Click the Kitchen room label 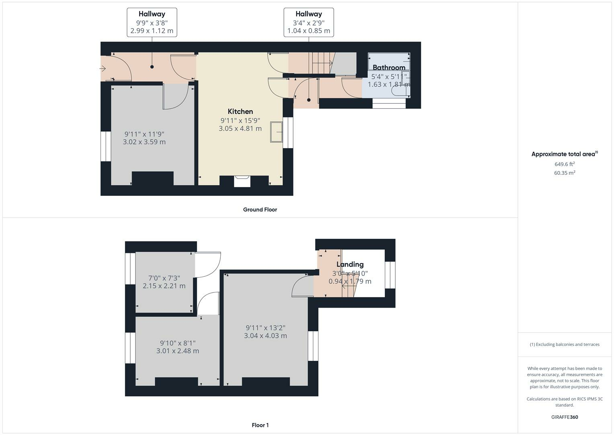[x=240, y=112]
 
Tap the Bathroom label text [x=388, y=68]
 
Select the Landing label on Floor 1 [x=350, y=264]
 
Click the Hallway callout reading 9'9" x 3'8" [x=152, y=23]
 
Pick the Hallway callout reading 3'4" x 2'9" [x=308, y=23]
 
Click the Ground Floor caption [x=260, y=209]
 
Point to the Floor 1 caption [x=260, y=425]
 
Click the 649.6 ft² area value [x=564, y=164]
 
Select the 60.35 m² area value [x=564, y=173]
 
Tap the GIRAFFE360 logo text [x=564, y=417]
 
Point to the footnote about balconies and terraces [x=564, y=344]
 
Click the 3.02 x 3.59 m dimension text [x=144, y=142]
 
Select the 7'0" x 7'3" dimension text [x=164, y=278]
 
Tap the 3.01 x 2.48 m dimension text [x=177, y=351]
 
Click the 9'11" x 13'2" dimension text [x=265, y=328]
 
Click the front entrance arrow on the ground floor [x=103, y=69]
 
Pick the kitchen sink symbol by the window [x=276, y=132]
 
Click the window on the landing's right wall [x=390, y=275]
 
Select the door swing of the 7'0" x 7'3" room [x=208, y=265]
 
